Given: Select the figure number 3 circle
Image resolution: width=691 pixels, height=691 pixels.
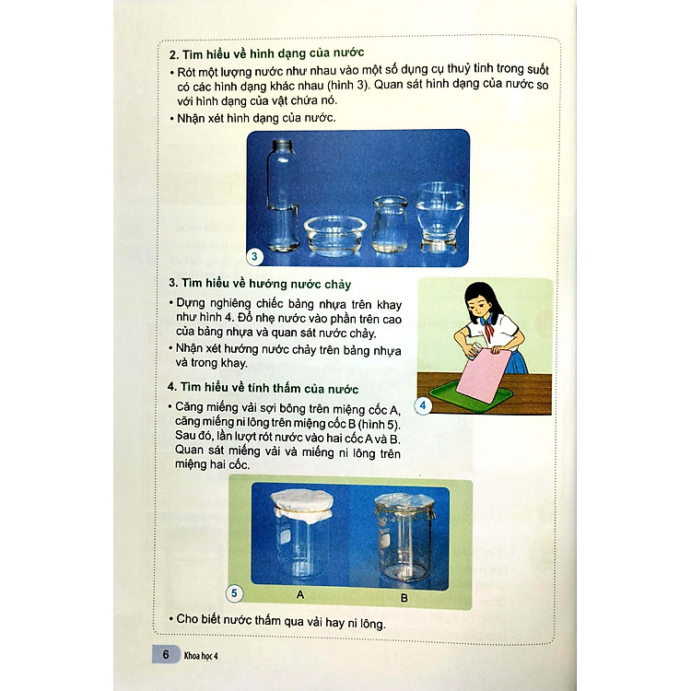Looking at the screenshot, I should coord(258,256).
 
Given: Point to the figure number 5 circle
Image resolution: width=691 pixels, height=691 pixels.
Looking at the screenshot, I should coord(236,592).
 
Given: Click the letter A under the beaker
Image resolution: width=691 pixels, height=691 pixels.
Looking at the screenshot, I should coord(300,595).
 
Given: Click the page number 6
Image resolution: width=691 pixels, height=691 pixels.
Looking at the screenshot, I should coord(164,655).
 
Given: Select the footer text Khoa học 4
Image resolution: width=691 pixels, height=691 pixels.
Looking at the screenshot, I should coord(205,656).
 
